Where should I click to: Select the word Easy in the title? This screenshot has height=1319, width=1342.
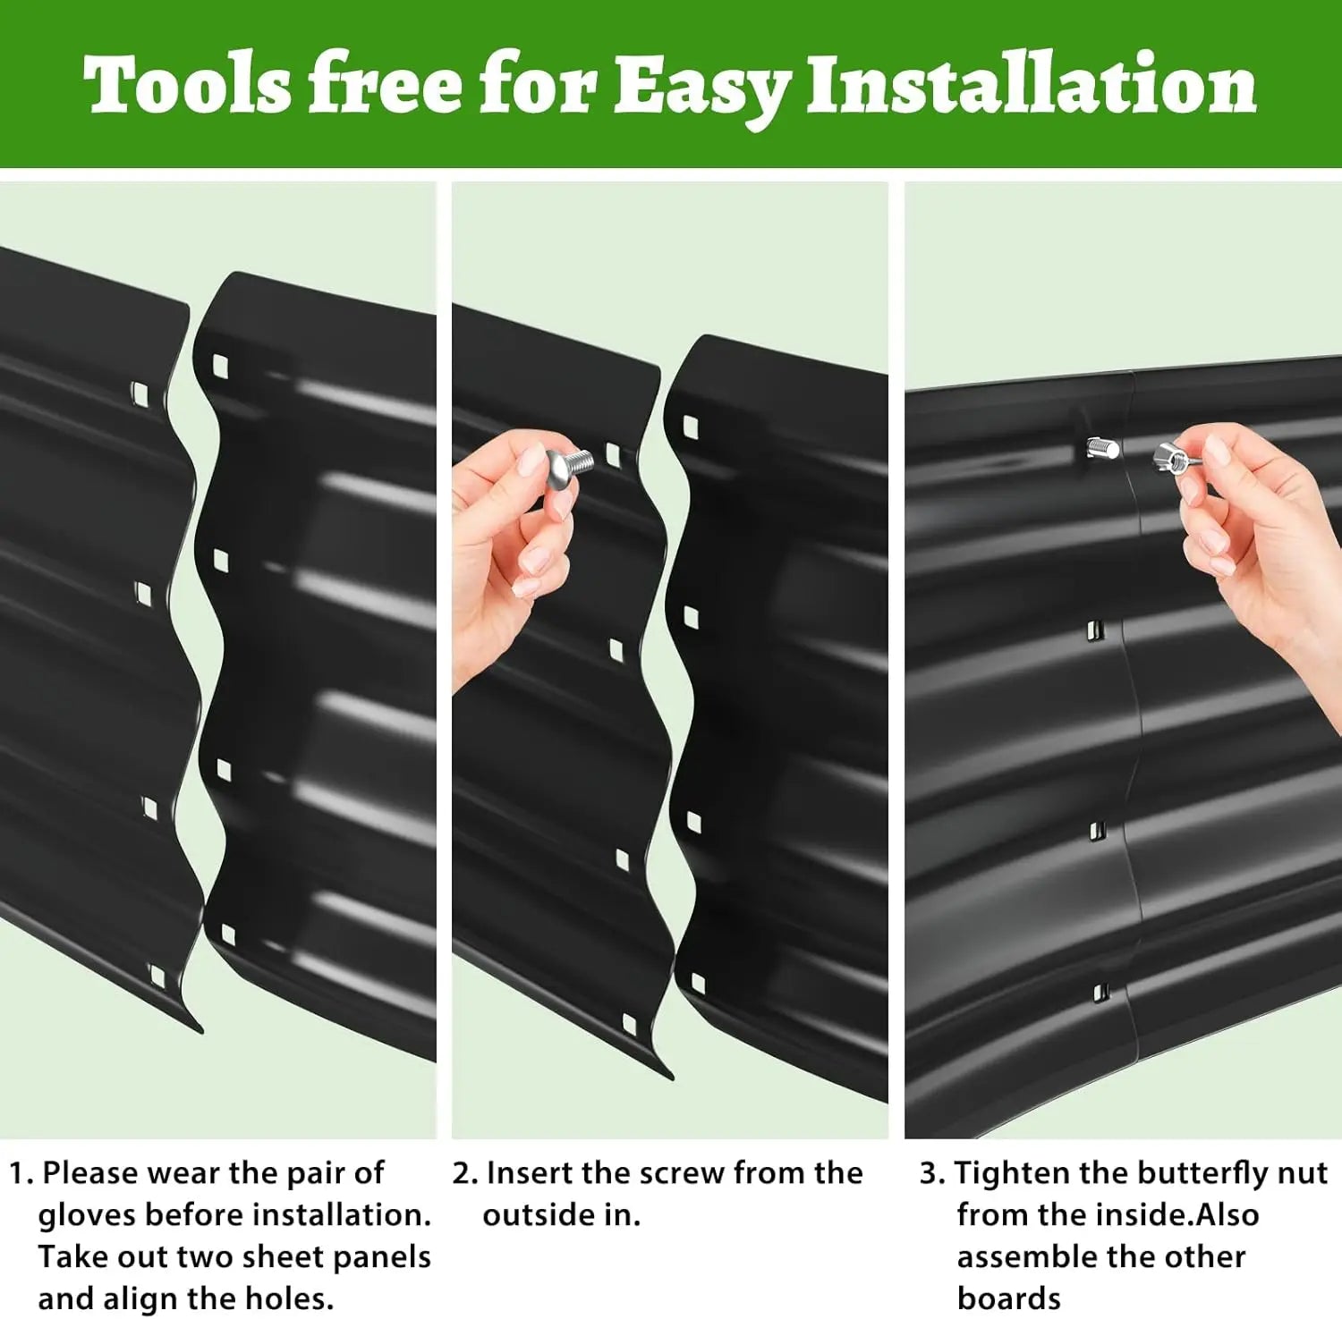coord(700,89)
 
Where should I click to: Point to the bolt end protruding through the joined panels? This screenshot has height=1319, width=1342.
coord(1102,446)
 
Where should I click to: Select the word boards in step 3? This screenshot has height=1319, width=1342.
coord(1009,1298)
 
